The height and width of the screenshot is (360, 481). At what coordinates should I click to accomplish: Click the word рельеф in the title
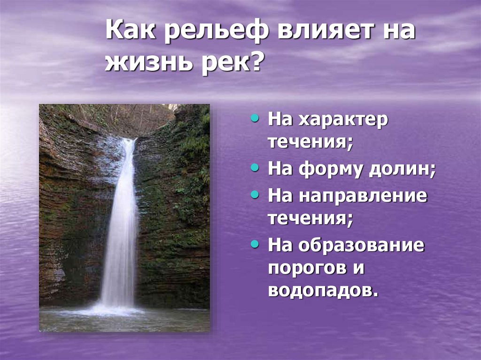[x=216, y=33]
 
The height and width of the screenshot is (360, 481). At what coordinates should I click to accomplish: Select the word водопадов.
[x=323, y=291]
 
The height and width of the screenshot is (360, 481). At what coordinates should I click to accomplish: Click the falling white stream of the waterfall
[x=118, y=225]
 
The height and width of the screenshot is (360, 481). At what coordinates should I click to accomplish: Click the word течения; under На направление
[x=310, y=219]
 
